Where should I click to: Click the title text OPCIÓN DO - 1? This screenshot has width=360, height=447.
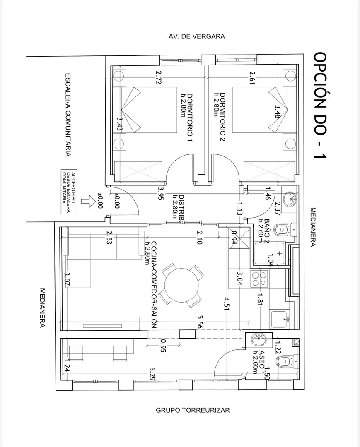(x=320, y=105)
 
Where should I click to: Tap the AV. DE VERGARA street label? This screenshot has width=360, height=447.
(x=197, y=36)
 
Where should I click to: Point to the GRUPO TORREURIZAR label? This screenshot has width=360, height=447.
(x=193, y=410)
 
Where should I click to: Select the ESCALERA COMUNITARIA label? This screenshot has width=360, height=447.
(x=68, y=115)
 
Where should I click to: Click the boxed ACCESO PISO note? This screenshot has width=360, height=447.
(x=69, y=192)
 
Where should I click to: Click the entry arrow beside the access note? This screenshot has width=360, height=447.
(x=88, y=202)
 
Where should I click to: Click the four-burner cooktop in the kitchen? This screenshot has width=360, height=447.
(x=259, y=279)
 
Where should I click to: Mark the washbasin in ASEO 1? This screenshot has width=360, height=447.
(x=259, y=339)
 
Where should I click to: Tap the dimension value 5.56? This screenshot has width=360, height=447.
(x=200, y=322)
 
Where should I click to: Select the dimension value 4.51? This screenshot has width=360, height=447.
(x=227, y=304)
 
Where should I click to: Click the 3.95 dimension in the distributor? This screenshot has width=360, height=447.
(x=161, y=193)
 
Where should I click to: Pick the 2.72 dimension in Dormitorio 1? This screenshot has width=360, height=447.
(x=159, y=77)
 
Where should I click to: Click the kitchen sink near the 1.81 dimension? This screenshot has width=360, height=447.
(x=279, y=319)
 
